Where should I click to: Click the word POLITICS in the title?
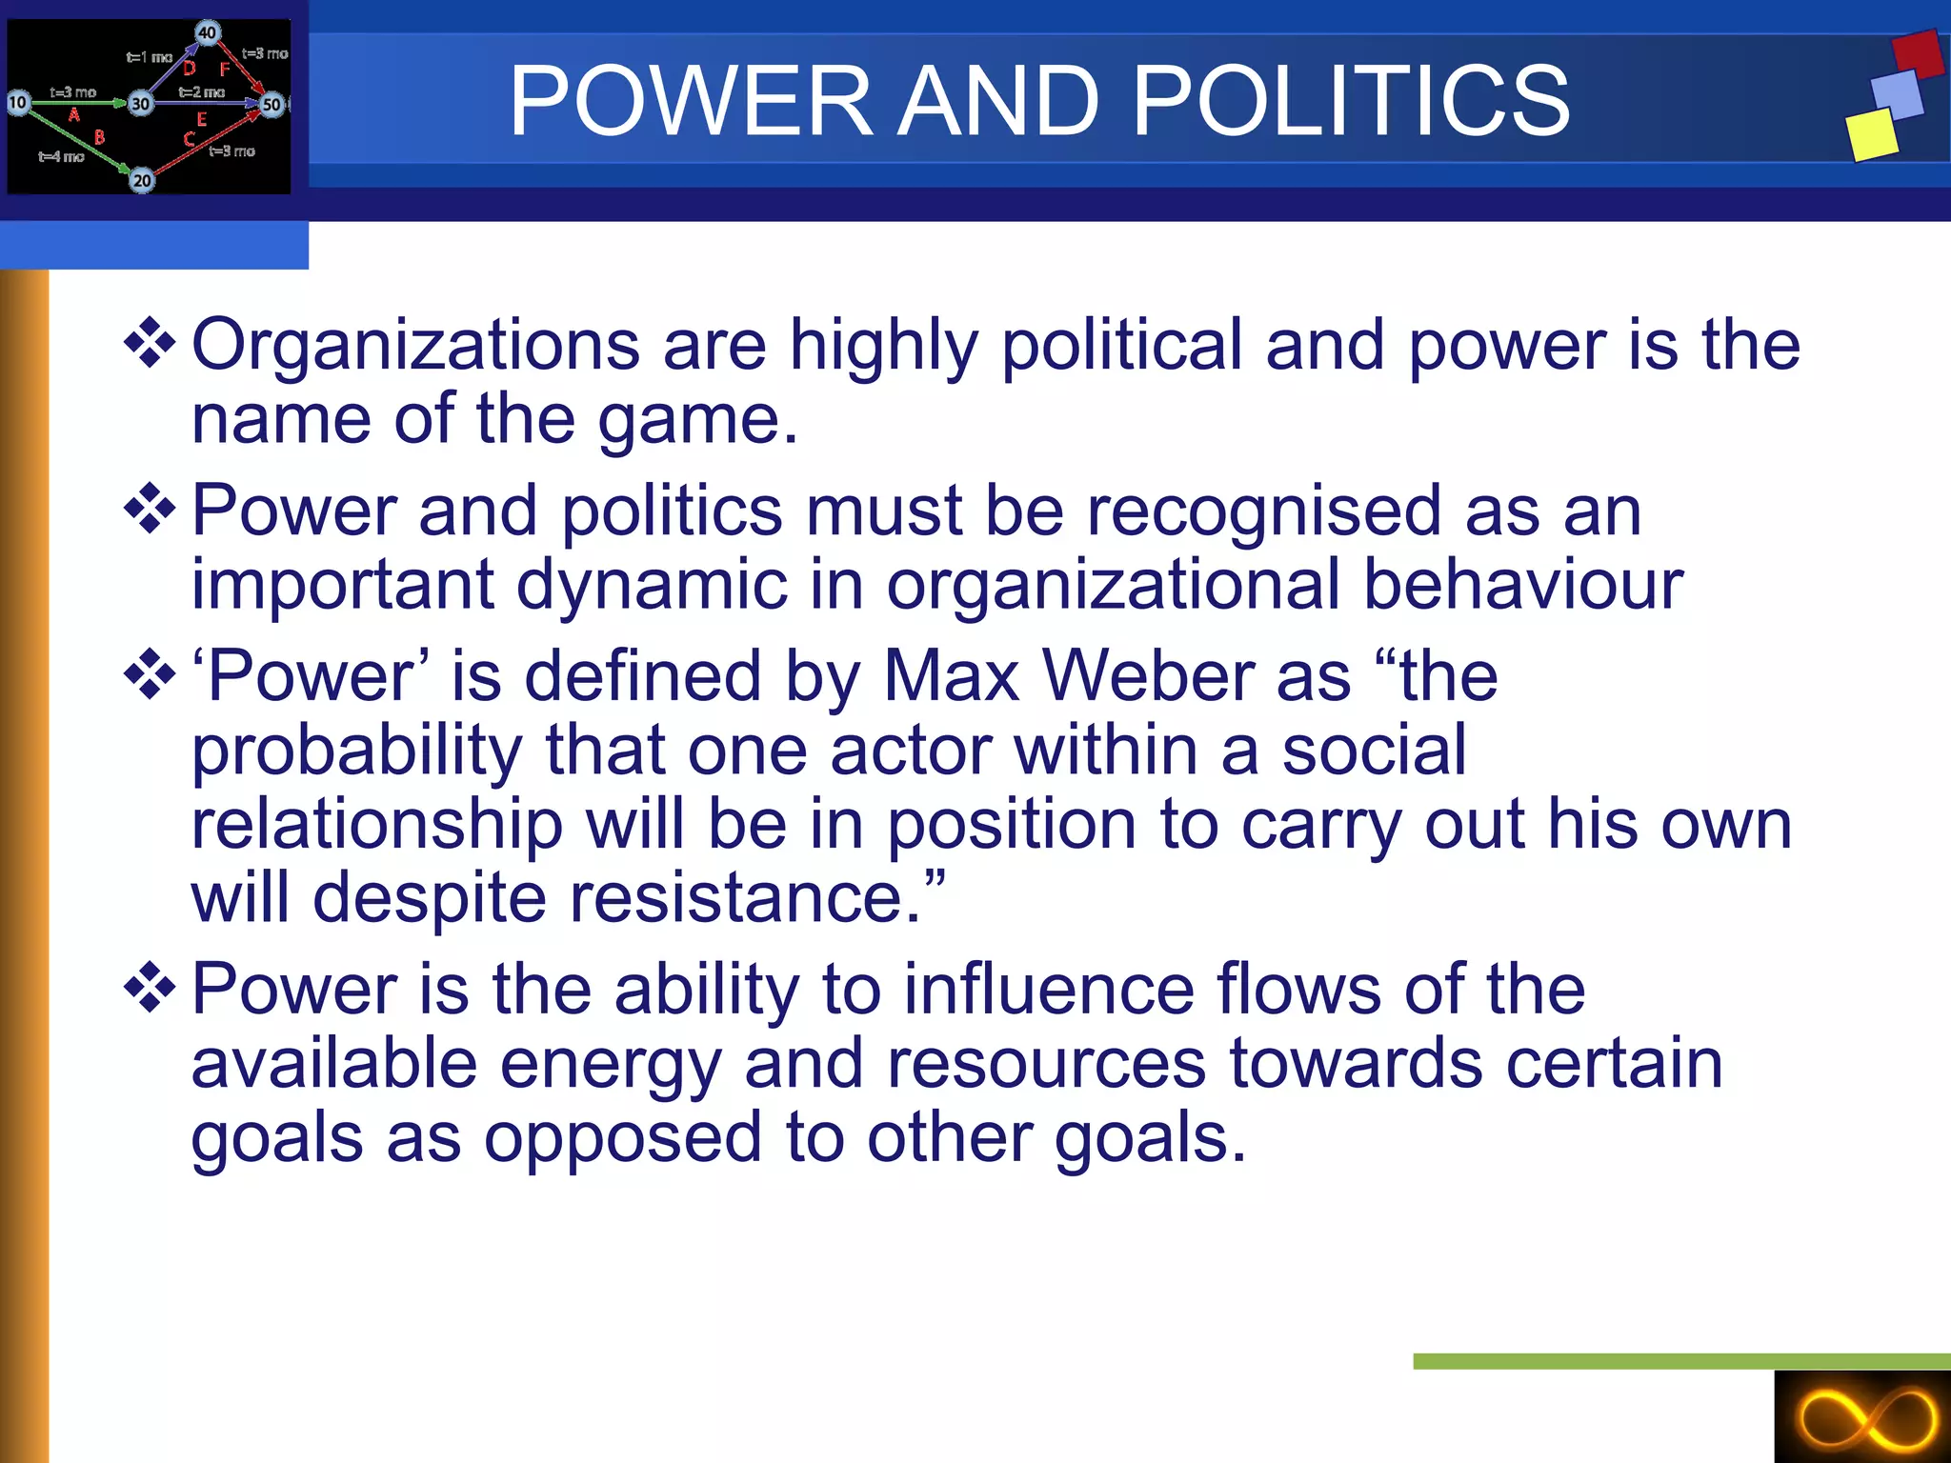coord(1351,101)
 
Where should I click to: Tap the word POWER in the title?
coord(691,101)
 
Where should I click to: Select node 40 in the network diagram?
coord(207,32)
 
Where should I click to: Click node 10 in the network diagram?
coord(17,102)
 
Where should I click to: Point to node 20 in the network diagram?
coord(141,180)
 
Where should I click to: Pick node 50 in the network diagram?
coord(272,105)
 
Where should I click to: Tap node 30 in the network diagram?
coord(140,104)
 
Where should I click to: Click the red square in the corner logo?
coord(1917,54)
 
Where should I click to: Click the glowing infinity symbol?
coord(1867,1420)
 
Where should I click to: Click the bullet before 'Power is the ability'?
coord(150,988)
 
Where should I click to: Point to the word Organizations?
coord(415,345)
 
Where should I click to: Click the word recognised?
coord(1264,511)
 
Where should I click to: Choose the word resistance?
coord(744,898)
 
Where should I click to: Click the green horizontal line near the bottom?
coord(1681,1361)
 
